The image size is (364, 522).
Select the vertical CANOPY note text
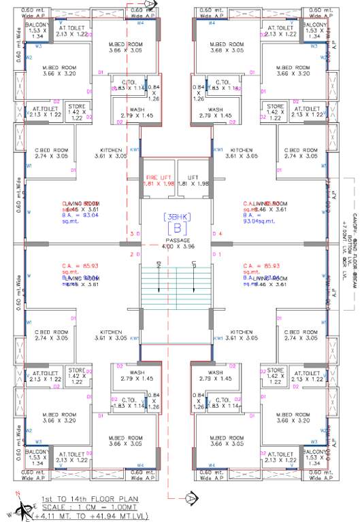[x=350, y=245]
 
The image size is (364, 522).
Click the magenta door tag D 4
[x=218, y=234]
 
